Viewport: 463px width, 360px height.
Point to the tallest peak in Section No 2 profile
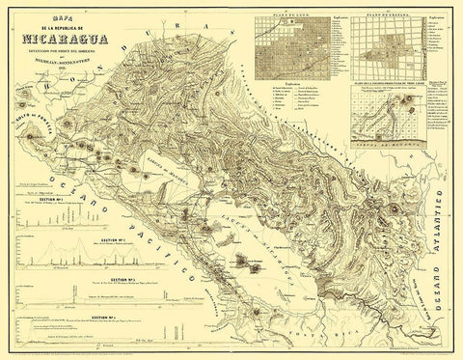[x=58, y=253]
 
